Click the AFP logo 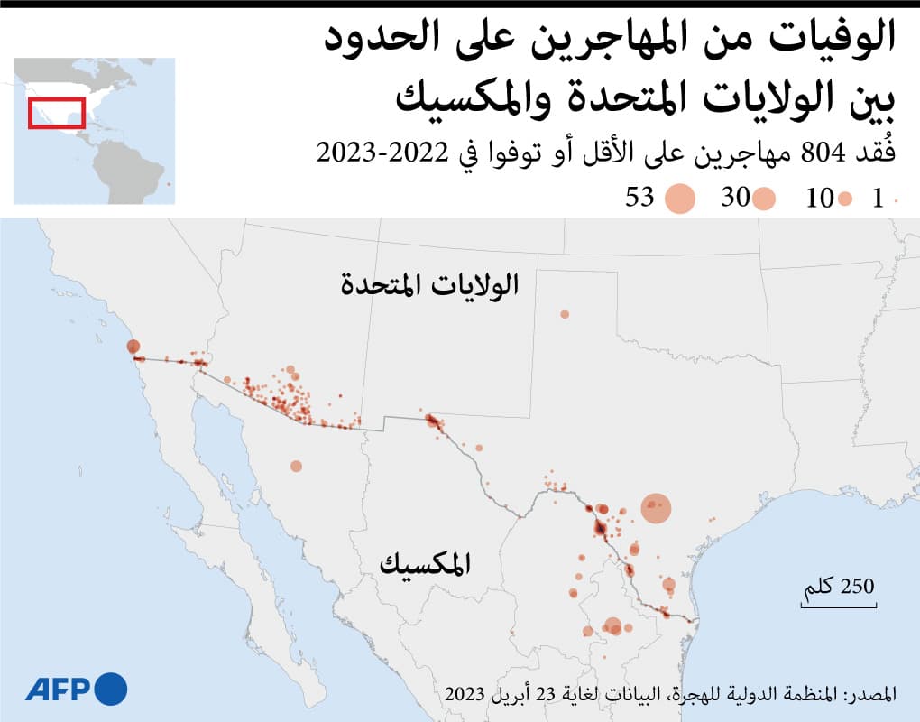pos(76,690)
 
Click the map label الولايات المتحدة pos(430,285)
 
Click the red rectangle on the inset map pos(56,112)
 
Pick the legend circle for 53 pos(679,199)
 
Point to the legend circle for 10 pos(845,199)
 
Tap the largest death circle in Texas pos(657,509)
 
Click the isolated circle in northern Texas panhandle pos(565,314)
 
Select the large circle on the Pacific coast pos(133,347)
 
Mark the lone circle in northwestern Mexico pos(296,466)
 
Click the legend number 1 pos(877,199)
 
